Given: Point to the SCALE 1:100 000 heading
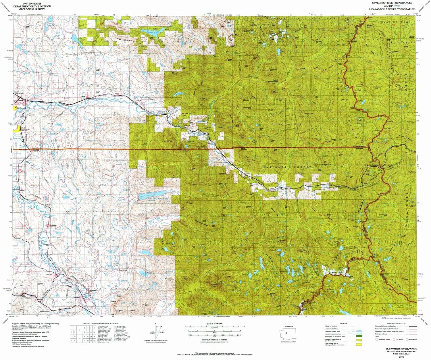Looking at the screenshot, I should coord(214,324).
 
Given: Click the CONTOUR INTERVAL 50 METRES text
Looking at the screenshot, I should coord(214,340).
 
